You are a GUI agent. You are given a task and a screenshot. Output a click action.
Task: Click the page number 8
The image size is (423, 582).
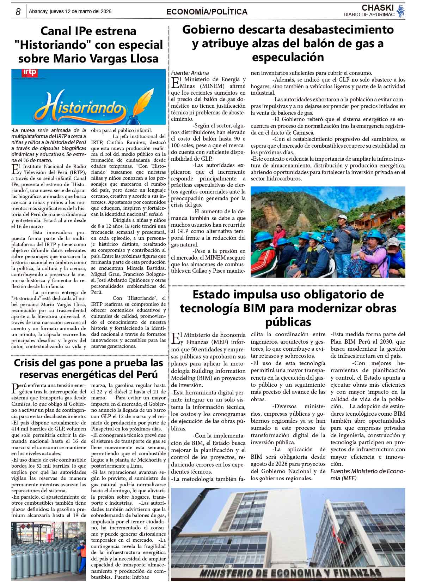tap(17, 12)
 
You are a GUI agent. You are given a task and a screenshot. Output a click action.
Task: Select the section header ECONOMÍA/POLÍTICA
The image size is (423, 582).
tap(207, 12)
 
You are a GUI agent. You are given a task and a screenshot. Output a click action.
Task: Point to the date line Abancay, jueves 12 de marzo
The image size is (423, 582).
tap(70, 12)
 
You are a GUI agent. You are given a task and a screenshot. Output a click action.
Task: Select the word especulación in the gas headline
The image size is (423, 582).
tap(288, 57)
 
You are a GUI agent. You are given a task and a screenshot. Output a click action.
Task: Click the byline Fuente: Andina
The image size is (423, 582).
tap(190, 73)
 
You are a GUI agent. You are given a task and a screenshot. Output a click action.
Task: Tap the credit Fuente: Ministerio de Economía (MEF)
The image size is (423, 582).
tap(368, 475)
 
